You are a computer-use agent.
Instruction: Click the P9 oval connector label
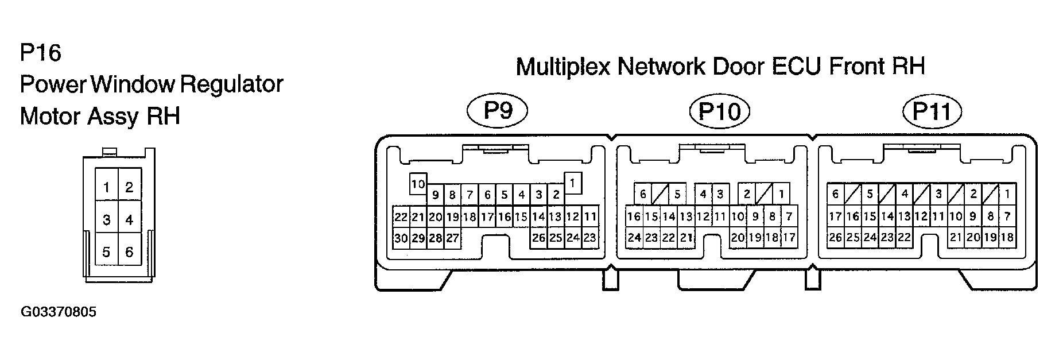click(x=498, y=110)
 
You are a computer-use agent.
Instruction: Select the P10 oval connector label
click(x=719, y=111)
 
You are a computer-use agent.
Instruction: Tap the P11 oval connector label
click(x=933, y=111)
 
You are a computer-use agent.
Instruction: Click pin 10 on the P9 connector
click(x=418, y=184)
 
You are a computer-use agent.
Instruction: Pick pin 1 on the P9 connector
click(x=573, y=183)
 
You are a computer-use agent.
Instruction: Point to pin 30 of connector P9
click(x=401, y=238)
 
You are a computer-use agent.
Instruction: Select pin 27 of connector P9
click(x=452, y=238)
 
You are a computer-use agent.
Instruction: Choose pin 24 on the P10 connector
click(x=634, y=238)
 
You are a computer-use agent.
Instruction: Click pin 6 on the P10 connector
click(x=643, y=194)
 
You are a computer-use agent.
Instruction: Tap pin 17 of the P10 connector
click(x=789, y=238)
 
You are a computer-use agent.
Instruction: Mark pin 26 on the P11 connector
click(x=835, y=238)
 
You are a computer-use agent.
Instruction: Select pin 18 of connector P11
click(x=1007, y=238)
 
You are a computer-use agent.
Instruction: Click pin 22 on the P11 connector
click(x=904, y=238)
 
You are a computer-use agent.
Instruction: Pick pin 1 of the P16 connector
click(x=107, y=187)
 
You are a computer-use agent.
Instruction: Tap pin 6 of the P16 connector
click(x=130, y=252)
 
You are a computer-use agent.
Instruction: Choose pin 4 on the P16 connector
click(x=130, y=220)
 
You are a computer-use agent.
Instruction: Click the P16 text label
click(x=40, y=53)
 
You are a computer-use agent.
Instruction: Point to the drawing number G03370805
click(x=59, y=312)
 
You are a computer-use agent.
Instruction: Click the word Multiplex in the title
click(x=563, y=67)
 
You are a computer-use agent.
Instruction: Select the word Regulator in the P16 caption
click(x=232, y=85)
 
